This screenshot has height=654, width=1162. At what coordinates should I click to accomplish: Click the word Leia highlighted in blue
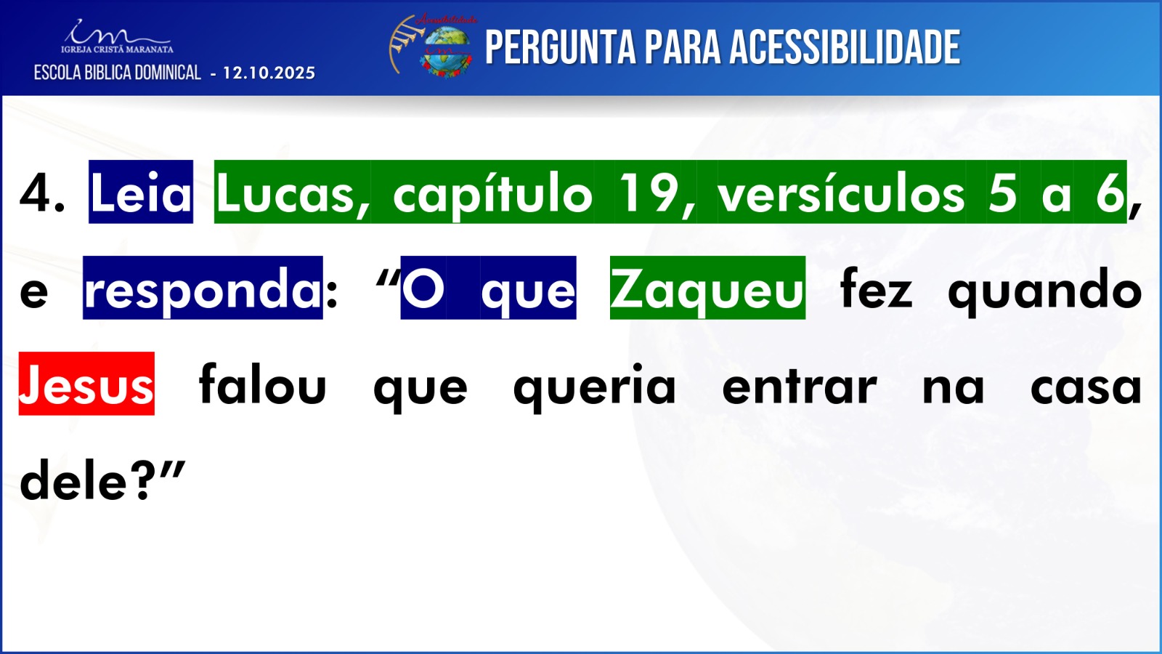141,192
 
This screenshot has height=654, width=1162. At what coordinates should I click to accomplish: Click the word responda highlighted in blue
203,288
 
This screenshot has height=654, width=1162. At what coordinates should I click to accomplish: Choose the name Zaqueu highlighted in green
707,288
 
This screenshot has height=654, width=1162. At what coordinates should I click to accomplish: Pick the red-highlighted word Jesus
86,384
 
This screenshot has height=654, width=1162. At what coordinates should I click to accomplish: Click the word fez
876,288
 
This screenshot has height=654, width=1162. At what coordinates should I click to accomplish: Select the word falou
262,384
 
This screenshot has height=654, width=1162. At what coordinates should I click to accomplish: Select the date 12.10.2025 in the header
269,73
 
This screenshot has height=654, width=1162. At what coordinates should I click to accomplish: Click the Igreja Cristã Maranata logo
117,36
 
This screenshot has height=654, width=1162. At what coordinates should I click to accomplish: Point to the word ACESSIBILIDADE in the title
845,47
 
